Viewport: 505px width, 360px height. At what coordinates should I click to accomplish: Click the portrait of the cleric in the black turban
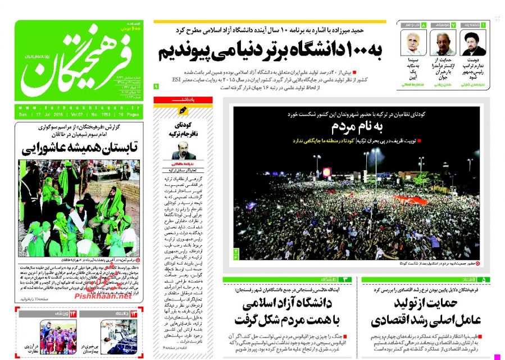coord(473,43)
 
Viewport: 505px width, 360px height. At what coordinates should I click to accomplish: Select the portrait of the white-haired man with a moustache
coord(413,43)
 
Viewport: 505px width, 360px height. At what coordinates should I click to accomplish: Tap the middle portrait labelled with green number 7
coord(443,43)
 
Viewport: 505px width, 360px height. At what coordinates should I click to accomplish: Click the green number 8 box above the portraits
coord(424,25)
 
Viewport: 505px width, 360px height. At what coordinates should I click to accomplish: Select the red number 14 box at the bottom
coord(72,313)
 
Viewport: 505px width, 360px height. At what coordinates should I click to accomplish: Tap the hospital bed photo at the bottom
coord(119,336)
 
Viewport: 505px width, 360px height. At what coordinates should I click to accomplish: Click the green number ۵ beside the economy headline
coord(484,279)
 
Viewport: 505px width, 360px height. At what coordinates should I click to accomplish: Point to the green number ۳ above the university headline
coord(346,279)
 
